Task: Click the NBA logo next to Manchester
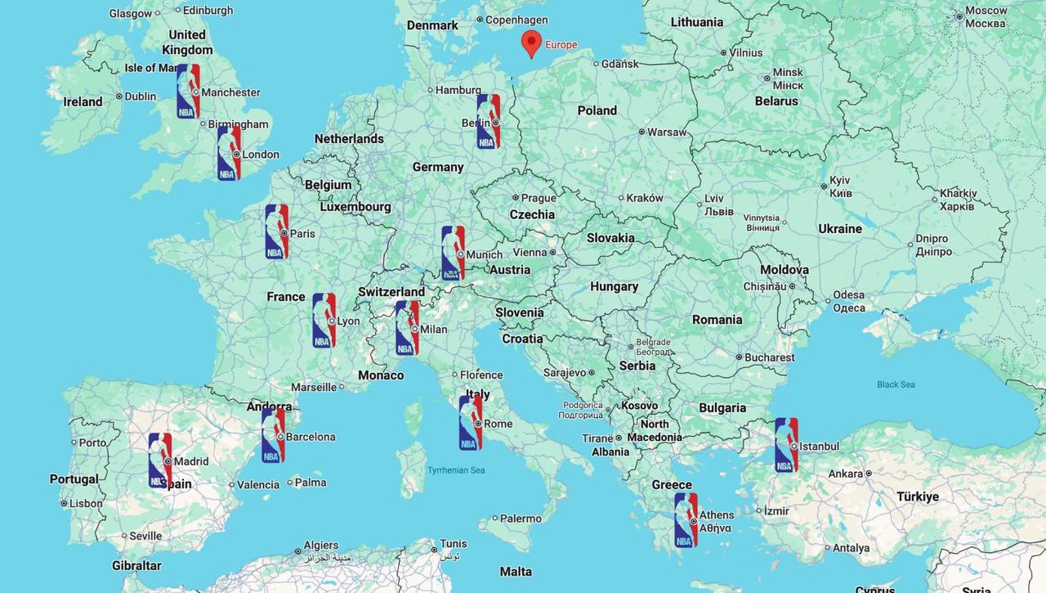pyautogui.click(x=188, y=92)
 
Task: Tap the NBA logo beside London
pyautogui.click(x=229, y=153)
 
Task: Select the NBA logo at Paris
pyautogui.click(x=277, y=231)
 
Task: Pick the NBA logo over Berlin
pyautogui.click(x=489, y=121)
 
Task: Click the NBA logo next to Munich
pyautogui.click(x=453, y=253)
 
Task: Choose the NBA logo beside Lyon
pyautogui.click(x=324, y=321)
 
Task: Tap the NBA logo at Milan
pyautogui.click(x=407, y=328)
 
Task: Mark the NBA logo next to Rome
pyautogui.click(x=470, y=423)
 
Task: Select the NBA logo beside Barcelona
pyautogui.click(x=273, y=436)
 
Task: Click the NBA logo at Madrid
pyautogui.click(x=160, y=460)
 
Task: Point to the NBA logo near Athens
pyautogui.click(x=686, y=519)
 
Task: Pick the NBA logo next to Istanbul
pyautogui.click(x=786, y=445)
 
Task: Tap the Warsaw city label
pyautogui.click(x=667, y=132)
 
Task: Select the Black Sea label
pyautogui.click(x=896, y=384)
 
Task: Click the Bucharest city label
pyautogui.click(x=770, y=357)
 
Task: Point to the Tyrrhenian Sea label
pyautogui.click(x=456, y=470)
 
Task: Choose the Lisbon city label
pyautogui.click(x=86, y=504)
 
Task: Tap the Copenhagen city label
pyautogui.click(x=516, y=20)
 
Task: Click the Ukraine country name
pyautogui.click(x=840, y=229)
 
